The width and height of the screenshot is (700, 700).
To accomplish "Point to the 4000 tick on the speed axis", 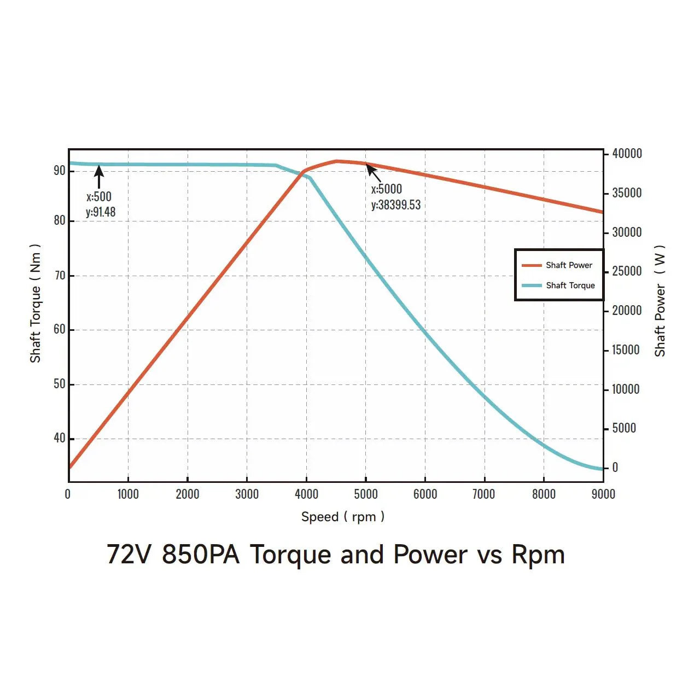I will [306, 494].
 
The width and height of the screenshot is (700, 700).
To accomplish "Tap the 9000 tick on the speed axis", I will [603, 494].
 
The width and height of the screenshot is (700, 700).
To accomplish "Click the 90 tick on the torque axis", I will [59, 171].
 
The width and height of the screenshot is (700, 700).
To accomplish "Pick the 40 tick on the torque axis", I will [59, 438].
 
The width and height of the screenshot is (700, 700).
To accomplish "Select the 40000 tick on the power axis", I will [627, 154].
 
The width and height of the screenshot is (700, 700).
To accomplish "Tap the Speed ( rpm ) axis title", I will [343, 517].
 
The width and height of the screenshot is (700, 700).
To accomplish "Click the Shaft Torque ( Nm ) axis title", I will [36, 304].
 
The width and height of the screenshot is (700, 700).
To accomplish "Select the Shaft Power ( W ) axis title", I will [660, 301].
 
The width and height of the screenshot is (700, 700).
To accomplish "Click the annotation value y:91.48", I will [101, 212].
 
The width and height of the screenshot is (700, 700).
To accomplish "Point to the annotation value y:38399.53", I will [396, 205].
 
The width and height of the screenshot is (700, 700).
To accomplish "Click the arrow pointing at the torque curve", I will [99, 176].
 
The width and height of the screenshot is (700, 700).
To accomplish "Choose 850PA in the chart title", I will [201, 555].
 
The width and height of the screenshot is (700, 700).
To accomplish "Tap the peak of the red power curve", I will [337, 161].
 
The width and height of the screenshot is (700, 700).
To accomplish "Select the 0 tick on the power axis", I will [615, 468].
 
